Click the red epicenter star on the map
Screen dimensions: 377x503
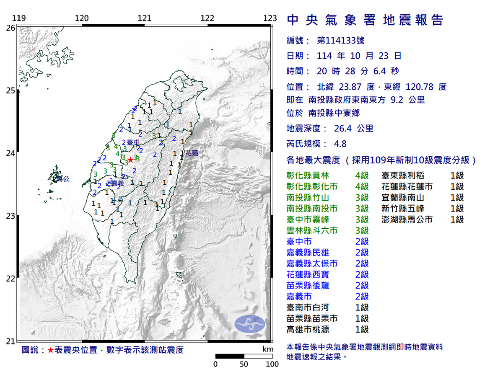(x=131, y=160)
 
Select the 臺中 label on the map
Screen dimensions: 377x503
(x=133, y=142)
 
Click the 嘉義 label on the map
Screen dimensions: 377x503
(x=118, y=183)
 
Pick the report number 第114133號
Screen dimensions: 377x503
(x=340, y=41)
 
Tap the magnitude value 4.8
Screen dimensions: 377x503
(x=340, y=144)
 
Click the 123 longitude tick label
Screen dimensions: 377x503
(x=270, y=18)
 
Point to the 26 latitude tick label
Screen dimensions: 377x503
(x=10, y=28)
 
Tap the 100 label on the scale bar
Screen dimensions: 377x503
(x=272, y=364)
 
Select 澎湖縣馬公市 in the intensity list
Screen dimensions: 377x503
(x=407, y=219)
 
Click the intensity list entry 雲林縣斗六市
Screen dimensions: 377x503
(x=312, y=230)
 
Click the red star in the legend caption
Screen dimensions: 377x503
(x=50, y=350)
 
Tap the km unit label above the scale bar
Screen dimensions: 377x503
(x=267, y=349)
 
